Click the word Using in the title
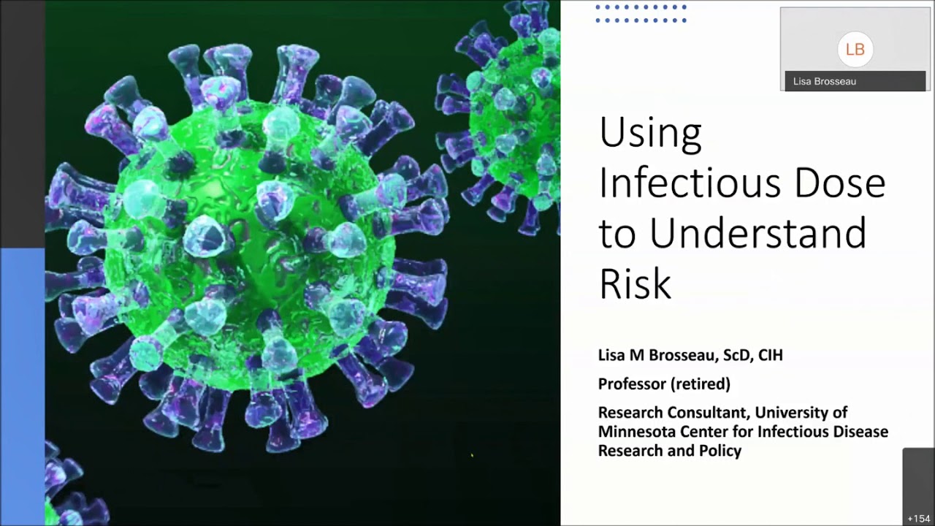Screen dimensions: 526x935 [649, 134]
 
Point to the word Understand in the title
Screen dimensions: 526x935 [757, 234]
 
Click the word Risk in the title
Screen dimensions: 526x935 [634, 283]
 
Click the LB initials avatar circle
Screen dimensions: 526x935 [855, 50]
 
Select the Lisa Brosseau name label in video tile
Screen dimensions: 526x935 [825, 81]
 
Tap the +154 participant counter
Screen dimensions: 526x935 [918, 518]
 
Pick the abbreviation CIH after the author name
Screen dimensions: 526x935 [770, 356]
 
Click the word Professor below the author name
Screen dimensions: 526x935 [630, 384]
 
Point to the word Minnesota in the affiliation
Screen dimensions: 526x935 [636, 432]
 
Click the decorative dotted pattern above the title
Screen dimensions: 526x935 [641, 14]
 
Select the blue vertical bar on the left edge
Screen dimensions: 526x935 [22, 387]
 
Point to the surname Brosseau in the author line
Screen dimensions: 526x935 [684, 356]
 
